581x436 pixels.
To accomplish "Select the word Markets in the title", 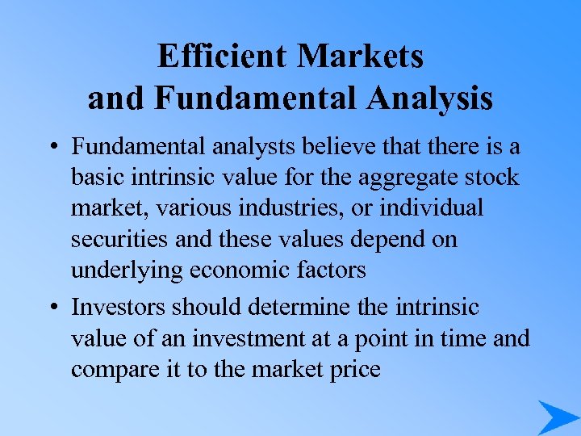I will (360, 57).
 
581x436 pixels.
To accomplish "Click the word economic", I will (241, 270).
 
